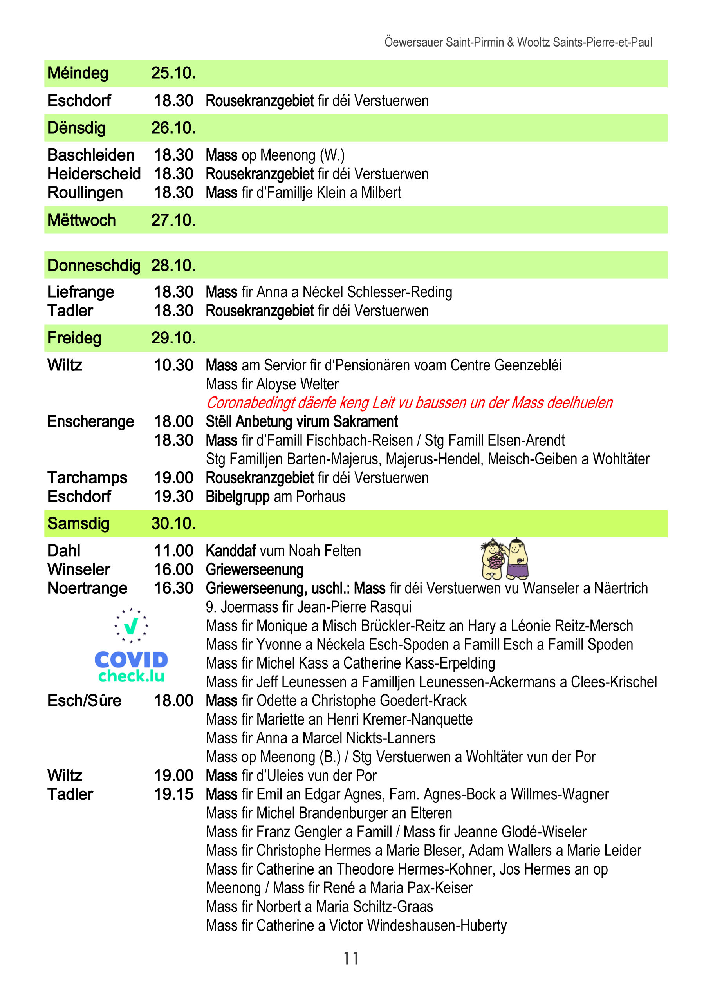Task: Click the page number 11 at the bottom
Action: [x=351, y=958]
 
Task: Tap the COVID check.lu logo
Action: [x=131, y=646]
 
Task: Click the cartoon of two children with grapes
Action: [x=505, y=559]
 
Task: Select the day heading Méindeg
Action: [x=78, y=73]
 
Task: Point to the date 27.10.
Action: [x=173, y=220]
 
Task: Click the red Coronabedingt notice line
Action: [x=409, y=403]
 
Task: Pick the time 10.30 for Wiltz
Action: [x=173, y=365]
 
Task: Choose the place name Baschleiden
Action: [x=91, y=155]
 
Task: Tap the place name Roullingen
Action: [x=85, y=192]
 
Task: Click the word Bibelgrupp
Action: [x=237, y=497]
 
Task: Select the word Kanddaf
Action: [x=231, y=551]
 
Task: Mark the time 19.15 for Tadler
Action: [x=173, y=794]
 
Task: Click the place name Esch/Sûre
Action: [x=84, y=701]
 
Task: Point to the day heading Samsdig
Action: [x=78, y=524]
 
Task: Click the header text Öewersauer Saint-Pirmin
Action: [x=444, y=42]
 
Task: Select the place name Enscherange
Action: [x=90, y=421]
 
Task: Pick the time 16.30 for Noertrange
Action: [x=173, y=588]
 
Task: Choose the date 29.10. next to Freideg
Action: [x=173, y=338]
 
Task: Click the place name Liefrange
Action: [x=81, y=292]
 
